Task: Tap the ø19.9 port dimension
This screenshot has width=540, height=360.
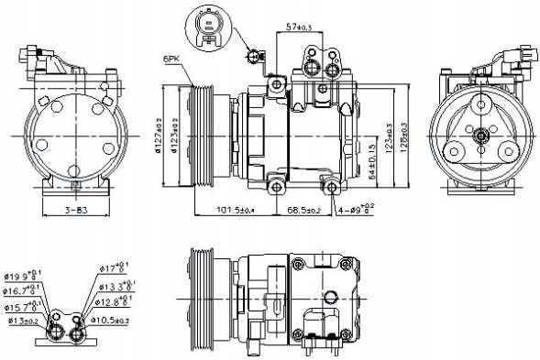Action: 20,274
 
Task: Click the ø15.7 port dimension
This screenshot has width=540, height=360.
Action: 20,306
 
